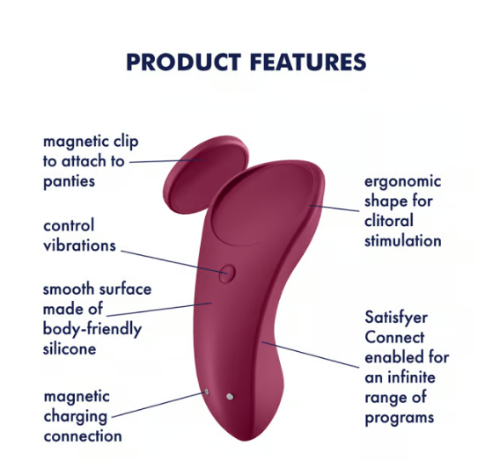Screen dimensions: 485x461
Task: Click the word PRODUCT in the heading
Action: coord(184,62)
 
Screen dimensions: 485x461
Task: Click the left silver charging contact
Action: coord(206,392)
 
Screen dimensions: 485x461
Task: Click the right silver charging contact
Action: coord(230,397)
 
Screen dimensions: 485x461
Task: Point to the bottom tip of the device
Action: coord(245,440)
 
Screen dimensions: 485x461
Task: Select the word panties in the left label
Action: coord(69,181)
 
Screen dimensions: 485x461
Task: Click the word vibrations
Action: coord(79,245)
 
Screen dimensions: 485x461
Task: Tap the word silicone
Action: coord(70,348)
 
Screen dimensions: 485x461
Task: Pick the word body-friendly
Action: coord(92,330)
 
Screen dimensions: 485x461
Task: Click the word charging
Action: coord(76,417)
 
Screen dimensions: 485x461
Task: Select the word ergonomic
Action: coord(402,182)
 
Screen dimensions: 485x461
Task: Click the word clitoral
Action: coord(389,221)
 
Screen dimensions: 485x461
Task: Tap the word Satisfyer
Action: coord(396,318)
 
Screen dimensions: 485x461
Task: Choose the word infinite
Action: coord(411,377)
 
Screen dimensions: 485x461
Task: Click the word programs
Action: coord(400,418)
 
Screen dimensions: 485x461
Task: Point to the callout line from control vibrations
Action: coord(173,262)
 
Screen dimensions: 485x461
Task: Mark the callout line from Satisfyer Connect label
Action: coord(310,355)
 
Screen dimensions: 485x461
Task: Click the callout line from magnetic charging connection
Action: coord(158,405)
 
